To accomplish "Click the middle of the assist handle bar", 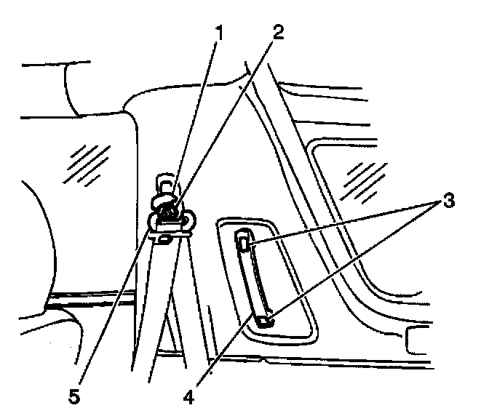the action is point(253,280).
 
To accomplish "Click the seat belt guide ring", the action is point(170,218).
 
